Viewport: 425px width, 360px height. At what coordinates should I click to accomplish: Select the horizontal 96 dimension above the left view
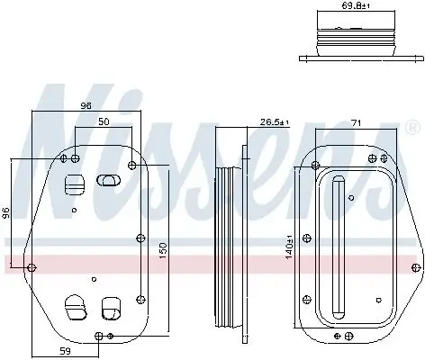coord(86,106)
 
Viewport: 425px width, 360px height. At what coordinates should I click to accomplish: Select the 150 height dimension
coord(162,247)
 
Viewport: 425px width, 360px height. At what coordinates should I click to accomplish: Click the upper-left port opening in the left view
coord(74,183)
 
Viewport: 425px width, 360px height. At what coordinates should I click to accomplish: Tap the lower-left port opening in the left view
coord(73,308)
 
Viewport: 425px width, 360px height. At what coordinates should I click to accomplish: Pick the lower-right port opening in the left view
coord(111,308)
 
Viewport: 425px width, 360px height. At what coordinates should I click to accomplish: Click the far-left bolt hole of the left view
coord(32,267)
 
